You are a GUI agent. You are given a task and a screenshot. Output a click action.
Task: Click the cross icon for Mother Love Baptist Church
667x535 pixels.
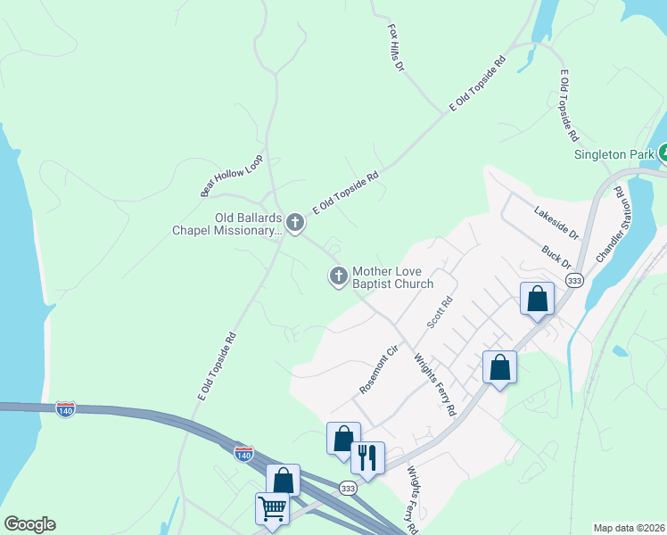tap(338, 277)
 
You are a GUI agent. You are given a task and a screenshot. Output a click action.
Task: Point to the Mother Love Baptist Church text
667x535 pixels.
tap(392, 277)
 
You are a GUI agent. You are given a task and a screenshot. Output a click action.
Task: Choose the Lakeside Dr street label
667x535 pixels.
tap(556, 224)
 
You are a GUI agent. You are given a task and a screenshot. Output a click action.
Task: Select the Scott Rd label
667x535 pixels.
tap(441, 313)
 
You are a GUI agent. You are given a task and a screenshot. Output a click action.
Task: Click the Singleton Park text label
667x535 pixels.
tap(615, 153)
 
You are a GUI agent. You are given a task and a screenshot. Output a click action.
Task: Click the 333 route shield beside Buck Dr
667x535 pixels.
tap(575, 281)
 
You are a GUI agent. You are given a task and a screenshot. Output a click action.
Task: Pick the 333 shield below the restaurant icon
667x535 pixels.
tap(348, 488)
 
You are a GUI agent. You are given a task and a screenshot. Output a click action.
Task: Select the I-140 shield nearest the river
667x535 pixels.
tap(65, 407)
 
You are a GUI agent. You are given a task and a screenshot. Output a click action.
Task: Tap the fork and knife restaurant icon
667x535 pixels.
tap(367, 458)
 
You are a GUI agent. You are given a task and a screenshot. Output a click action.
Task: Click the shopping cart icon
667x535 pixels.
tap(272, 509)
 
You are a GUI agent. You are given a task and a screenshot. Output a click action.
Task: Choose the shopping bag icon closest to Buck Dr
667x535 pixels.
tap(537, 299)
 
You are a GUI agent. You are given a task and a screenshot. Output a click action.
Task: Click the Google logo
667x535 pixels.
tap(29, 524)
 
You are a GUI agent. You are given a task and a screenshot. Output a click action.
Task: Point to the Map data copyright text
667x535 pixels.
tap(630, 528)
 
